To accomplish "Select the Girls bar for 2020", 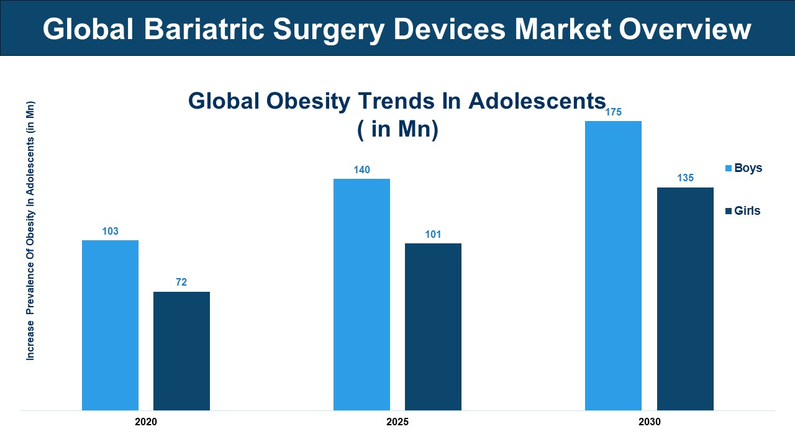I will (x=181, y=351).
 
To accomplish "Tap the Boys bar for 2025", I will (x=361, y=294).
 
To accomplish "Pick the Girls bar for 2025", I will (x=433, y=327).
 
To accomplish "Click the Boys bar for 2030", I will (x=613, y=265).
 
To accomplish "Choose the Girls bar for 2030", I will (x=685, y=299).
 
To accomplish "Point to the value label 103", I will (x=110, y=232).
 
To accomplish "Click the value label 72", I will (x=181, y=282).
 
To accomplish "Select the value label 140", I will (x=361, y=170).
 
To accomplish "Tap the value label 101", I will (x=433, y=235).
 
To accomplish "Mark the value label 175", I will (x=613, y=112).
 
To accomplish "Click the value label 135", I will (x=685, y=178).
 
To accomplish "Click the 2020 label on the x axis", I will (x=146, y=422).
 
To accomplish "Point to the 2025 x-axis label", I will (x=397, y=422).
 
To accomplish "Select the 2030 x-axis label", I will (x=649, y=422).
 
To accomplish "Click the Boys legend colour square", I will (x=729, y=168).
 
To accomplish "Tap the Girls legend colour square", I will (x=729, y=211).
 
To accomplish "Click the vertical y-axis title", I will (x=30, y=230).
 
